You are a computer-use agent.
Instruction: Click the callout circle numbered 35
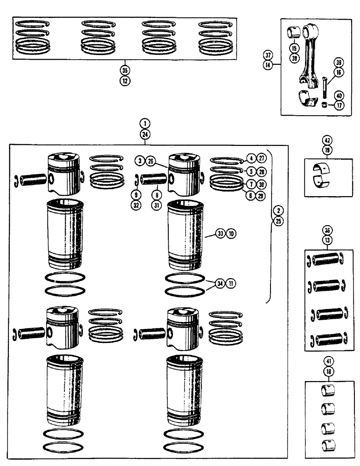click(124, 71)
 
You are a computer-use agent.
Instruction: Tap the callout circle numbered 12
click(124, 81)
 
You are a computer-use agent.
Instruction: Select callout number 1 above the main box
click(145, 124)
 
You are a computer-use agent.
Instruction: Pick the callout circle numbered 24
click(145, 134)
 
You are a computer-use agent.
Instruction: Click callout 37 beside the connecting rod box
click(280, 55)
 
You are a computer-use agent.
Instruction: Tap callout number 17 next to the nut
click(339, 105)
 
